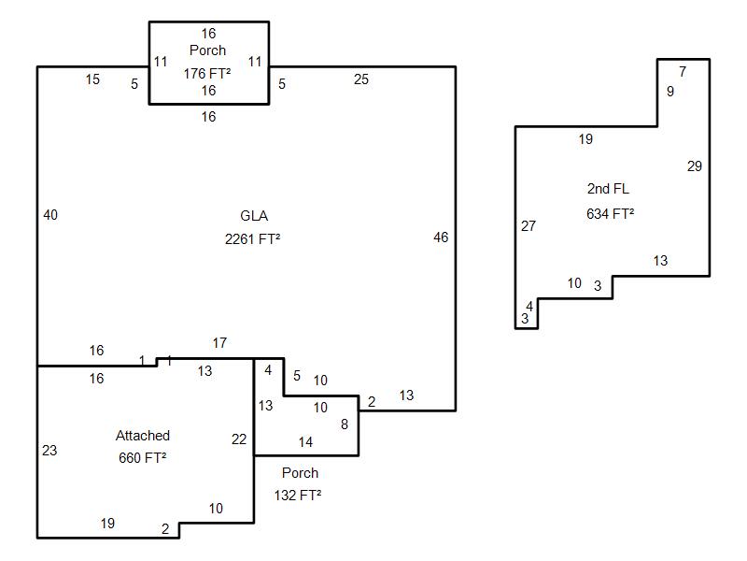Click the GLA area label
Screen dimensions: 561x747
click(x=254, y=216)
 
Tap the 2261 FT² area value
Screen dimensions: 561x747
click(x=253, y=238)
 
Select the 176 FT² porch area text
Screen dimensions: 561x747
click(x=208, y=72)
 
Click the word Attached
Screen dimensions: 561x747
click(x=143, y=436)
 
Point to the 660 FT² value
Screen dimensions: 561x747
click(x=143, y=458)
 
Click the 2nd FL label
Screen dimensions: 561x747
click(x=608, y=190)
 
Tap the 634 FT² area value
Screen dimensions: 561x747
click(x=611, y=213)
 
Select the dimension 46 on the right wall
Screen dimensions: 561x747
click(x=441, y=237)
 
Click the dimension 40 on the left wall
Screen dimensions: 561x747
click(x=50, y=215)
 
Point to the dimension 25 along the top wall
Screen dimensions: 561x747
click(x=361, y=79)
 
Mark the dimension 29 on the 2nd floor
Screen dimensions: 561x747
click(x=694, y=166)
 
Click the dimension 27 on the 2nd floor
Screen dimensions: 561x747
click(x=529, y=226)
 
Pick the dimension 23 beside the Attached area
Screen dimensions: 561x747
click(x=49, y=451)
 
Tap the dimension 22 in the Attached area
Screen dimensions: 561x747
click(x=239, y=439)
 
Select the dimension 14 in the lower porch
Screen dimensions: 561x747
click(x=305, y=442)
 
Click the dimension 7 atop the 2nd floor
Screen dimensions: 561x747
click(x=683, y=72)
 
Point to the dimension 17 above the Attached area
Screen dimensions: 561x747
click(x=219, y=343)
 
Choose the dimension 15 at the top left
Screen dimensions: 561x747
click(x=92, y=79)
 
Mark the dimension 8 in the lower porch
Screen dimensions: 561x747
click(x=344, y=424)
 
